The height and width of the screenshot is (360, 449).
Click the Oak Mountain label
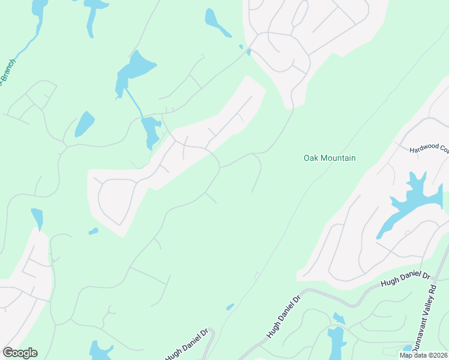pos(330,158)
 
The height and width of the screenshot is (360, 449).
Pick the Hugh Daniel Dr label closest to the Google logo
pos(187,344)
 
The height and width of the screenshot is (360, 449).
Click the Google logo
pos(20,353)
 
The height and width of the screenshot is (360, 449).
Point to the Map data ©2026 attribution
pos(423,355)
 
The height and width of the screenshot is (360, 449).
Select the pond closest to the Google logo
pos(100,350)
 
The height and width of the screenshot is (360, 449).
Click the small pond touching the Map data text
pos(408,348)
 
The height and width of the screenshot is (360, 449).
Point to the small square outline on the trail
pos(257,275)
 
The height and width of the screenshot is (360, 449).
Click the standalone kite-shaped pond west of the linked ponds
pos(85,124)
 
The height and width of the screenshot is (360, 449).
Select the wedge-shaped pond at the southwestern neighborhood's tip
pos(38,218)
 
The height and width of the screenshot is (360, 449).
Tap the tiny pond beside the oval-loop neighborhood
pos(93,230)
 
